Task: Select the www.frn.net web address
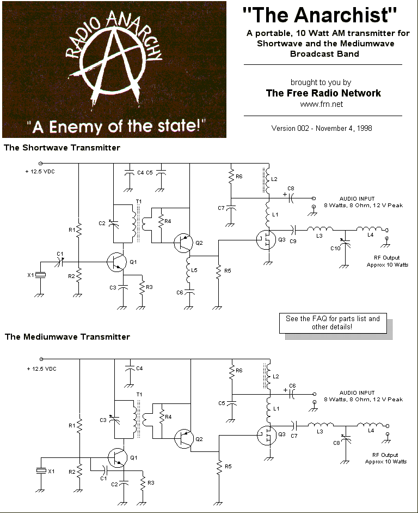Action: [321, 104]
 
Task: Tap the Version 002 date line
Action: [321, 128]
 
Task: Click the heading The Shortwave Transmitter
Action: [62, 148]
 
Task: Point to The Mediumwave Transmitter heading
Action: [67, 337]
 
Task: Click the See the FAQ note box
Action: [333, 322]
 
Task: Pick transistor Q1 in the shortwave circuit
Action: [116, 262]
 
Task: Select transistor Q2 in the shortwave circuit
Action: [183, 242]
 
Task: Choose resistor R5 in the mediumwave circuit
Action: [219, 467]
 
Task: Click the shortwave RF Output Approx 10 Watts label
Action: [387, 261]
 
